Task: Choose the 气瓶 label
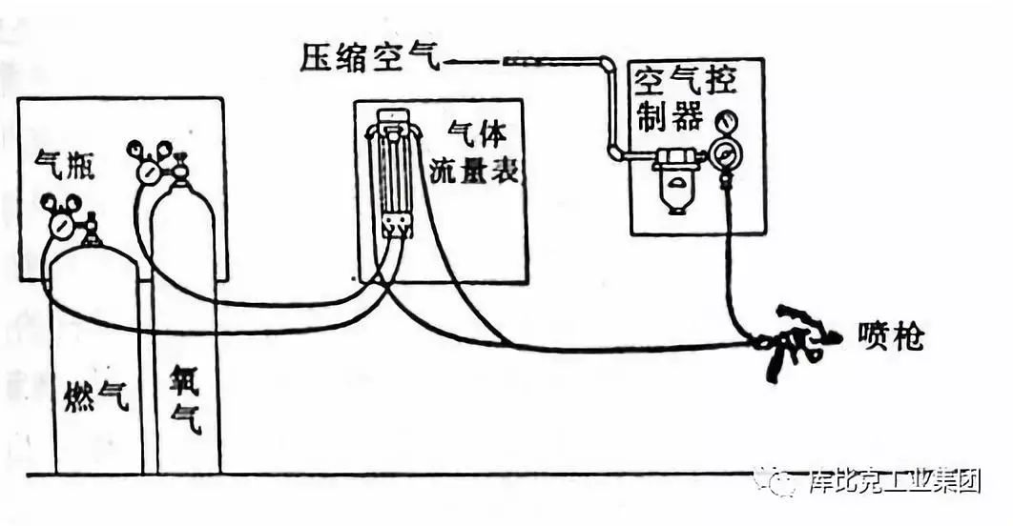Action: [x=65, y=164]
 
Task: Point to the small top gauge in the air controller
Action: [x=728, y=122]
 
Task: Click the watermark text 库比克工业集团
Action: [x=895, y=481]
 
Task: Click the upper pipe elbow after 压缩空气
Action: [x=607, y=64]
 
